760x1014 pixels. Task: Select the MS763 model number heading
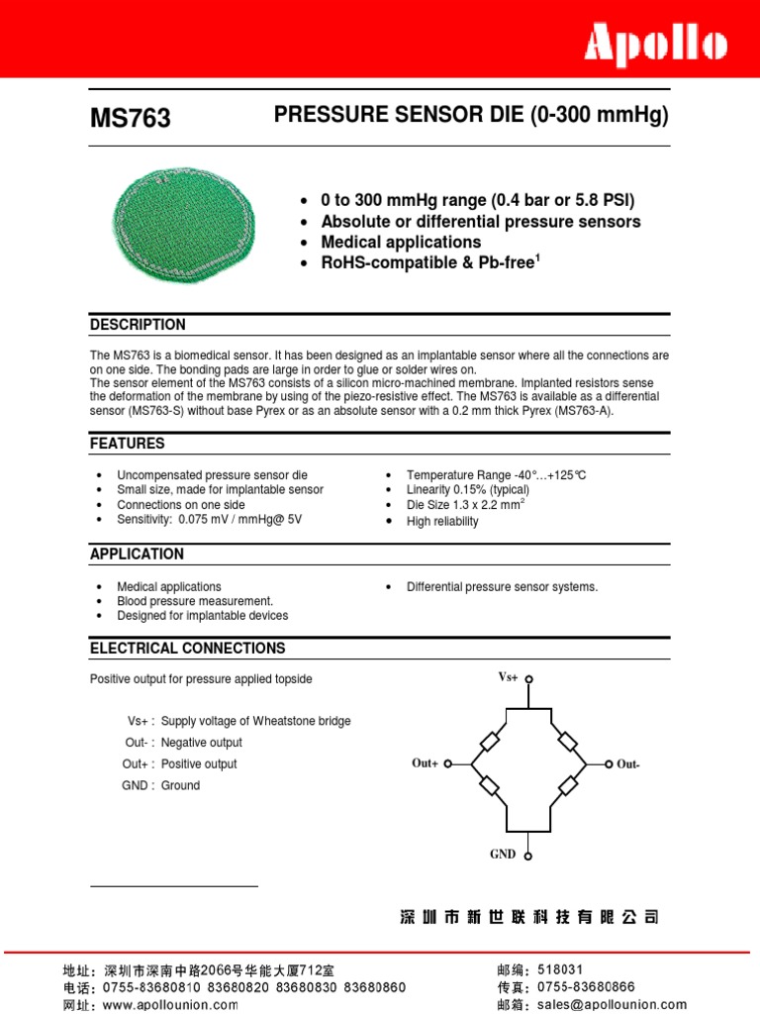click(131, 119)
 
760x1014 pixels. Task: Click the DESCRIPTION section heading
click(138, 325)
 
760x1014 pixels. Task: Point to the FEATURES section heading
click(128, 444)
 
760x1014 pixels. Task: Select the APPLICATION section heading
click(137, 555)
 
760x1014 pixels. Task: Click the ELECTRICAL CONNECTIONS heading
click(187, 649)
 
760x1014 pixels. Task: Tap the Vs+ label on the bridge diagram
click(508, 677)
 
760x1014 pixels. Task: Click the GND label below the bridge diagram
click(503, 854)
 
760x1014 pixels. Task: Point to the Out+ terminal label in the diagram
click(425, 763)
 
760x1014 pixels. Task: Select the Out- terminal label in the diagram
click(628, 764)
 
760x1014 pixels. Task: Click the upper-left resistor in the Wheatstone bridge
click(489, 742)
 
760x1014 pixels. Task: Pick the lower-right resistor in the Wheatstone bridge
click(568, 786)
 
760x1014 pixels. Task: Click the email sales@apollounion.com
click(612, 1004)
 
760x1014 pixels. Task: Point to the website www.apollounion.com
click(169, 1005)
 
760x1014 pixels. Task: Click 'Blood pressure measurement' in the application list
click(195, 601)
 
